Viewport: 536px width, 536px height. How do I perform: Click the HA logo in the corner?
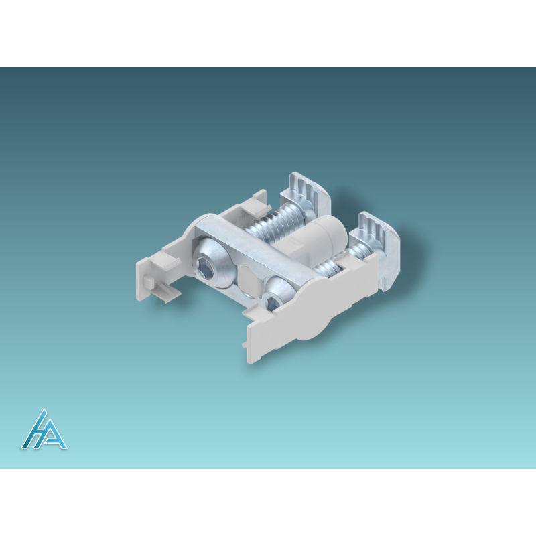tap(44, 429)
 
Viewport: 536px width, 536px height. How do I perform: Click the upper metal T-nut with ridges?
tap(306, 192)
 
